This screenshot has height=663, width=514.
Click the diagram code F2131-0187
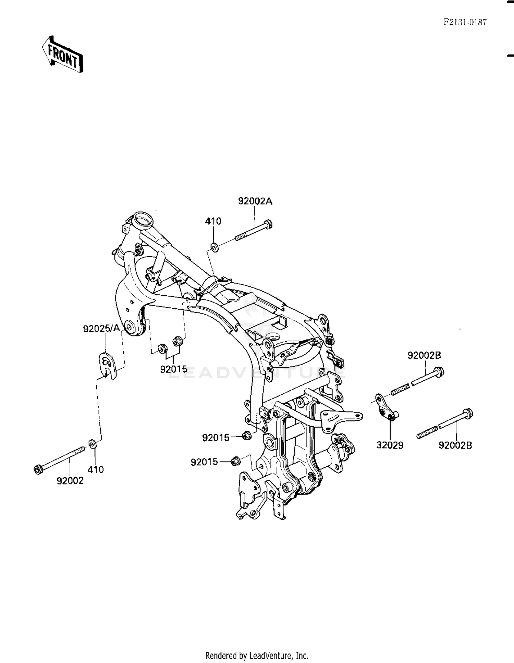coord(465,23)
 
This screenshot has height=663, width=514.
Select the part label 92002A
coord(255,201)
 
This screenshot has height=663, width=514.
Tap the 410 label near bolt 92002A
coord(213,221)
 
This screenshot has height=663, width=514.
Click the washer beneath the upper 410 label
coord(215,247)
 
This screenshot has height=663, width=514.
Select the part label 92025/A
coord(101,329)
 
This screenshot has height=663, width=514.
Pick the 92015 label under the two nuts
coord(174,369)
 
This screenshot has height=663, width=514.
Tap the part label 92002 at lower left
coord(70,481)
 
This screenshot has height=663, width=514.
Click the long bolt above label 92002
coord(60,459)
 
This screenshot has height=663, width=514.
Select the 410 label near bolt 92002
coord(96,469)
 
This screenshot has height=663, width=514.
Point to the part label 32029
coord(390,445)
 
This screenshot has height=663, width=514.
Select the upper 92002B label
coord(424,355)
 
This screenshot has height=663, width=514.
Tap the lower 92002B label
coord(455,445)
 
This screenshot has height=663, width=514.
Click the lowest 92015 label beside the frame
coord(204,462)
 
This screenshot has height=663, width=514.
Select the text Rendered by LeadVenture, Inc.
coord(257,655)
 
